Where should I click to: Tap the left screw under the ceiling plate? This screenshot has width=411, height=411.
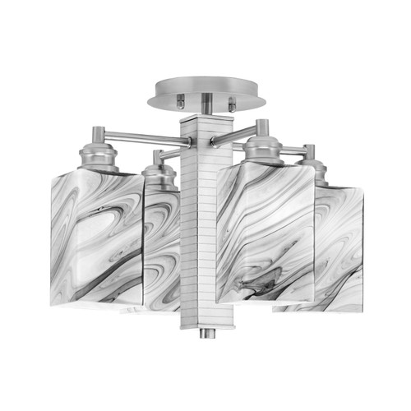coord(180,102)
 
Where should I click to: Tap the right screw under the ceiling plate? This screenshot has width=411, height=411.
coord(231,103)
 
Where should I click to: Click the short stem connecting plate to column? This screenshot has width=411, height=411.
coord(205,104)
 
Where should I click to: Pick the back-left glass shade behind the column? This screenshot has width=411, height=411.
coord(161,247)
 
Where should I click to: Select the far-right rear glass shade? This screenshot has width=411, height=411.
coord(337,247)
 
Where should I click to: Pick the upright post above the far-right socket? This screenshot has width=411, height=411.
coord(308,152)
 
